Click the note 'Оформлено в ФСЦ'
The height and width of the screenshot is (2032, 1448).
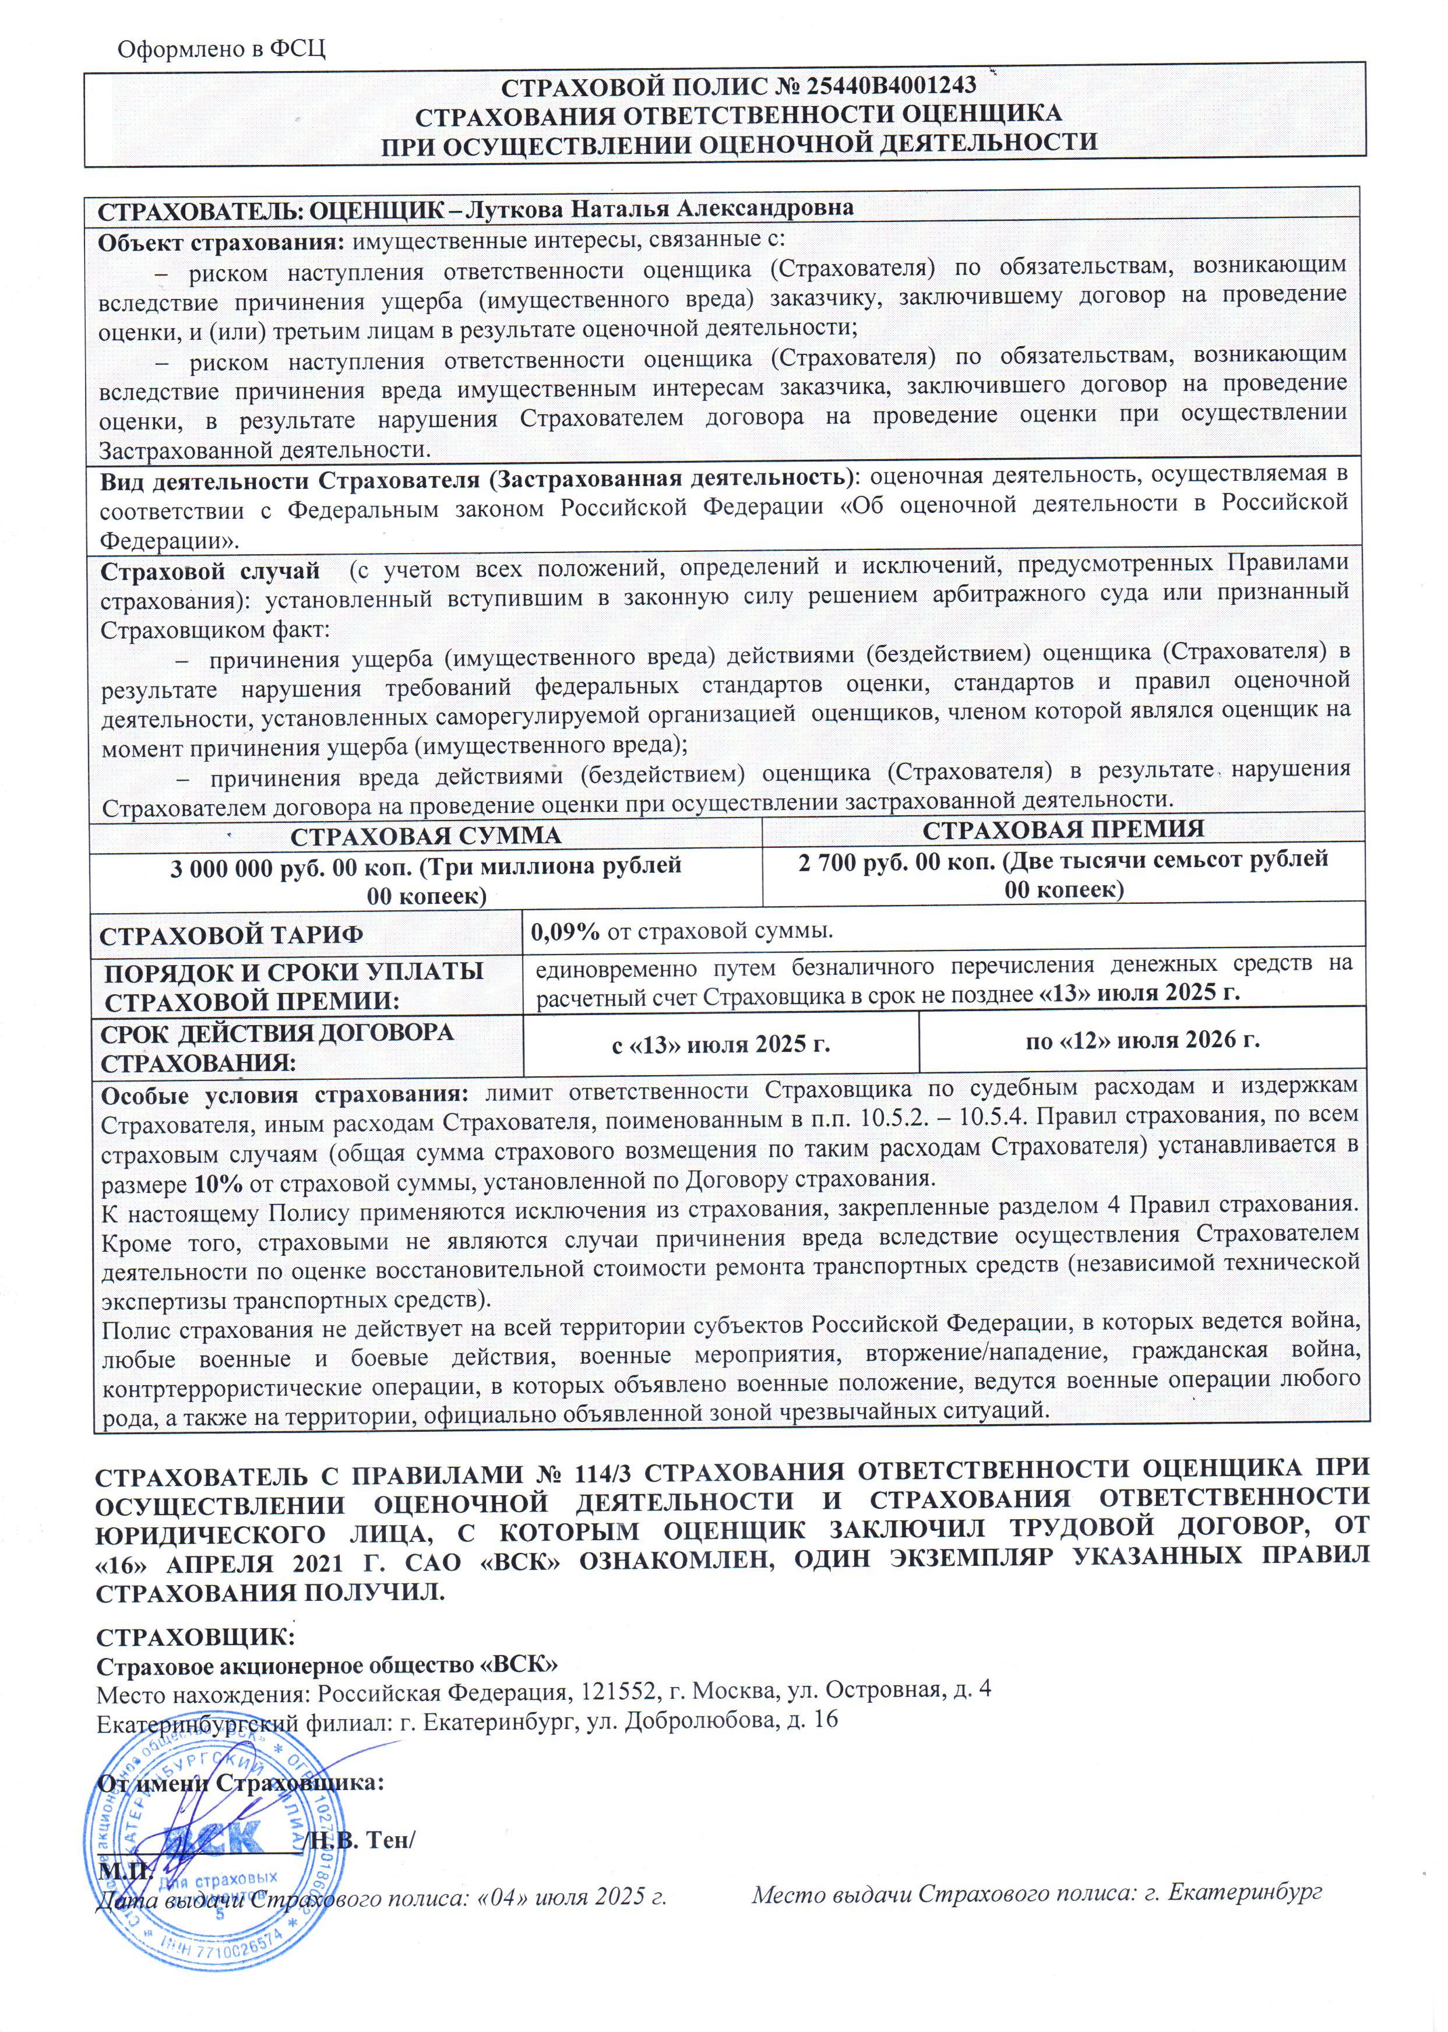(221, 47)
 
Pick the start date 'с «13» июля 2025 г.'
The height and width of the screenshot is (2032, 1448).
(720, 1043)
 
